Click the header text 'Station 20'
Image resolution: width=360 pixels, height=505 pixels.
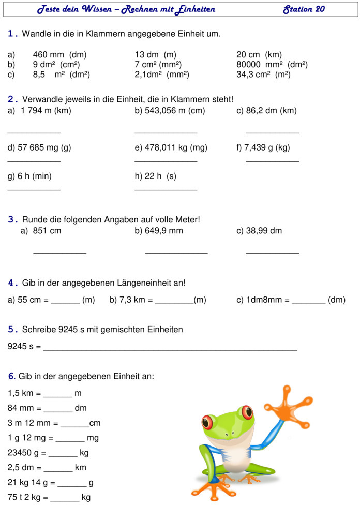(304, 9)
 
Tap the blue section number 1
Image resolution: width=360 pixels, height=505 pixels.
(12, 34)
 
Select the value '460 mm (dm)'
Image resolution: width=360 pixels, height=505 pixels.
(59, 54)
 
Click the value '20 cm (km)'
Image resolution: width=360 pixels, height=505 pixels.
(259, 54)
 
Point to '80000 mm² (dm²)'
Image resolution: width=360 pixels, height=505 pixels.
(272, 65)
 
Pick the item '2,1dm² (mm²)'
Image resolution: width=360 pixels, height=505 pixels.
(161, 75)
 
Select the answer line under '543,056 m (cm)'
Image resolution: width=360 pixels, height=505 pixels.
(166, 133)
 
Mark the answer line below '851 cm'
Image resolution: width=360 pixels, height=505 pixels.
(59, 252)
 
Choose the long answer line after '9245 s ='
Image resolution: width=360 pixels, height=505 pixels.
(170, 350)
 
